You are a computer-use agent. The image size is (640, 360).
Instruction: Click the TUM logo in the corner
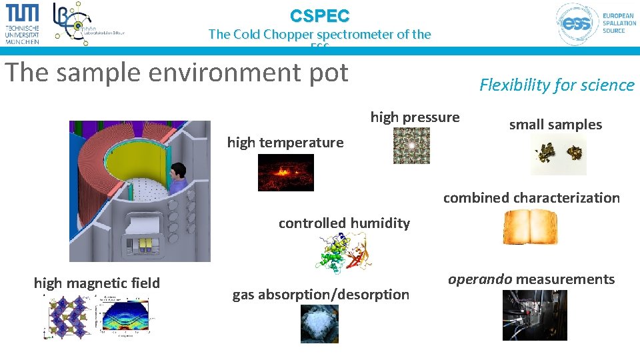tap(23, 23)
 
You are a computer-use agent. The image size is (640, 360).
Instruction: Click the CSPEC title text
tap(319, 15)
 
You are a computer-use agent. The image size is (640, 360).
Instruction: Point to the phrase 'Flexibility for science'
tap(557, 85)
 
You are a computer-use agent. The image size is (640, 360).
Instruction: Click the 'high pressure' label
tap(415, 117)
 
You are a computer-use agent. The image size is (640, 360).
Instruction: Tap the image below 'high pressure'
tap(411, 145)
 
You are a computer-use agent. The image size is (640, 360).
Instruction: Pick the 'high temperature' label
tap(285, 142)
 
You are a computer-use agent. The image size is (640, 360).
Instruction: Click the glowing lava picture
tap(285, 172)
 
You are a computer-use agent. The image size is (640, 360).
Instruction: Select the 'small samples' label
tap(555, 125)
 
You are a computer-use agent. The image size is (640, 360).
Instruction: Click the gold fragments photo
tap(558, 155)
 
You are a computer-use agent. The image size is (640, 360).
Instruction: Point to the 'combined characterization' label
tap(531, 197)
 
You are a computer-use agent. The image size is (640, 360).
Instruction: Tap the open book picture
tap(530, 227)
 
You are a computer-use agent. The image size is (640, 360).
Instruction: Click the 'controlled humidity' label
tap(344, 223)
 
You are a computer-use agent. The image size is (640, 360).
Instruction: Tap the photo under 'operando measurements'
tap(535, 315)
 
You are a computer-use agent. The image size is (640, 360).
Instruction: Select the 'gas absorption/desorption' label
tap(321, 294)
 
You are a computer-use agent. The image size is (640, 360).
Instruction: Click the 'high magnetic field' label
tap(97, 283)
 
